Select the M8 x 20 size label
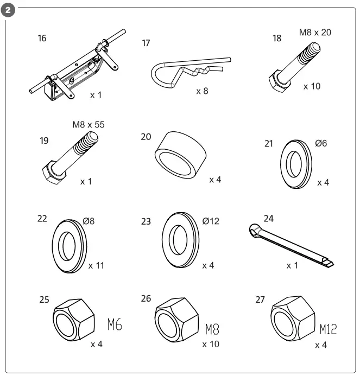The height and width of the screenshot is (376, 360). click(x=315, y=33)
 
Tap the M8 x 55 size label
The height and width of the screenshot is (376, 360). click(x=88, y=125)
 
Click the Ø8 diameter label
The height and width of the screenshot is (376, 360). click(x=90, y=221)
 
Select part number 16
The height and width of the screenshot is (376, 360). click(x=42, y=39)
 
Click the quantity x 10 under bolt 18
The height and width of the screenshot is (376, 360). click(x=313, y=86)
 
